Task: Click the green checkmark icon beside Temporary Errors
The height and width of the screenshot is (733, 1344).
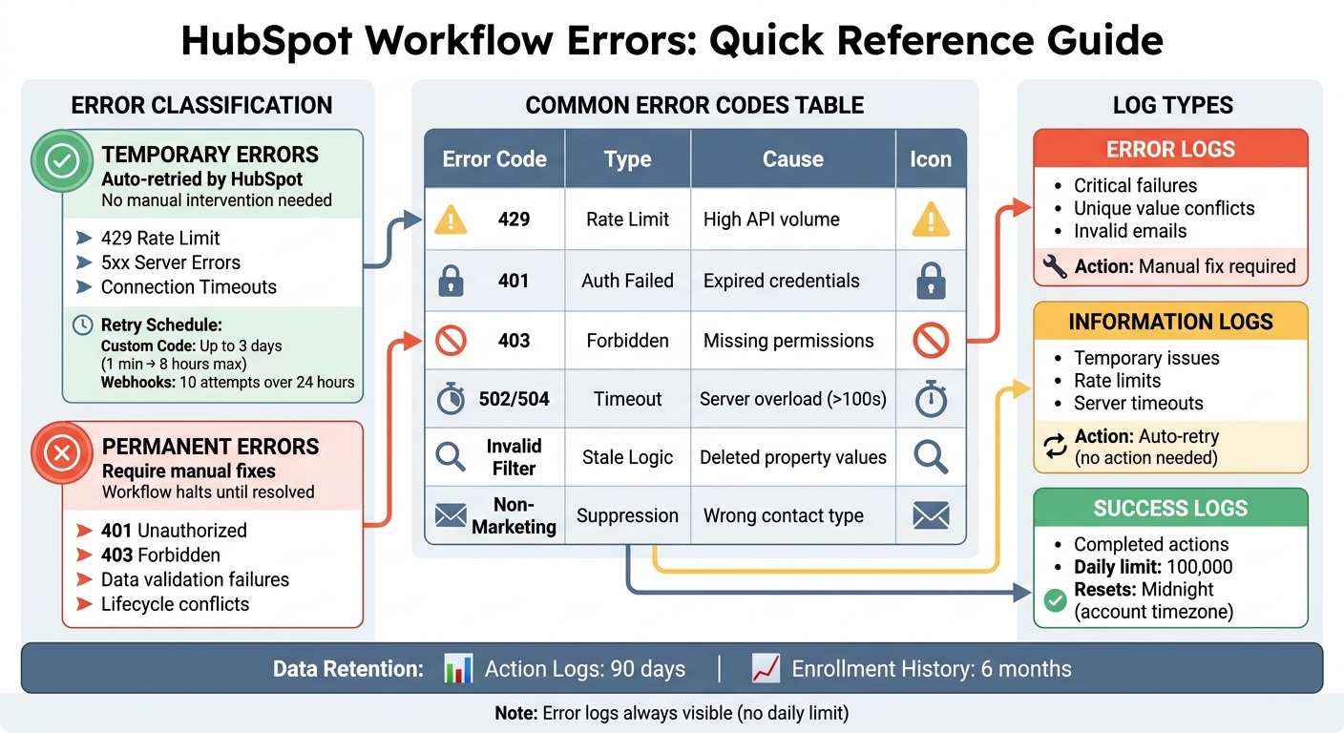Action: [62, 162]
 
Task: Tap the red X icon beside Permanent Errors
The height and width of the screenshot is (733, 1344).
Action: [62, 452]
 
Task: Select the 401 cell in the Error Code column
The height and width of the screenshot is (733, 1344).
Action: [514, 281]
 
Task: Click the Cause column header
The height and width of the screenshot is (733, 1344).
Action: [792, 159]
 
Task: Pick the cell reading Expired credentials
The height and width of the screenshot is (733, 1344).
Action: [781, 281]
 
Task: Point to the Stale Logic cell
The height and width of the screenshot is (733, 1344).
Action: [627, 457]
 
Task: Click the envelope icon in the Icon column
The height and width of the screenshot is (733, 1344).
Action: [931, 516]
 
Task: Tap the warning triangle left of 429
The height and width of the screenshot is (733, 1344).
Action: [451, 220]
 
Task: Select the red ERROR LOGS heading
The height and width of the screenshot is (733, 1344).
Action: [1170, 150]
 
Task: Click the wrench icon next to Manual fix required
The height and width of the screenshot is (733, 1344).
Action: [1055, 267]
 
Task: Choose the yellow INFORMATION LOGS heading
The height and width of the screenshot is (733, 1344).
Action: [1170, 322]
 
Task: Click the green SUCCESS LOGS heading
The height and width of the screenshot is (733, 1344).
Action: [1170, 508]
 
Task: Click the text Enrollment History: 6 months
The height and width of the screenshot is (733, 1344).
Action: [931, 669]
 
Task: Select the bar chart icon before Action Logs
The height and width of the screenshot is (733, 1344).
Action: [459, 668]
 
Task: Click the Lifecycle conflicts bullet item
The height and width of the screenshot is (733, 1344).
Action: [175, 604]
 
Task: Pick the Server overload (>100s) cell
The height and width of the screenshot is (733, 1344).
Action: [792, 399]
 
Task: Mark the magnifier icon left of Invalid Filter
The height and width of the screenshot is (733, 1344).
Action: [451, 457]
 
